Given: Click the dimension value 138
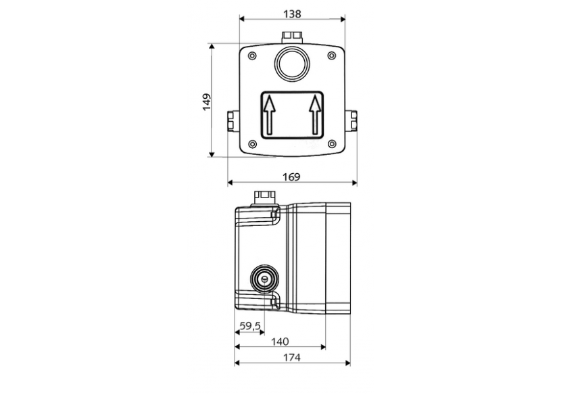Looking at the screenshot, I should [x=291, y=12].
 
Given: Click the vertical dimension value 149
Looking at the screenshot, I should [x=206, y=101].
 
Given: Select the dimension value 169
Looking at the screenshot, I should [x=291, y=177].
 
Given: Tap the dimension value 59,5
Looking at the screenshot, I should [x=250, y=327].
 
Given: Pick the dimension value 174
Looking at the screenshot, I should [x=293, y=358].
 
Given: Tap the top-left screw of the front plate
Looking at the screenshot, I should [x=252, y=56].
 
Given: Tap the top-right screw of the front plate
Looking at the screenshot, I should [x=331, y=56].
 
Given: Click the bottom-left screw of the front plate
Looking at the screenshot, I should [x=252, y=143].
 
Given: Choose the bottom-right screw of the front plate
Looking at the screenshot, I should [x=331, y=143].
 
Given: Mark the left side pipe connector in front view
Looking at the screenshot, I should [x=231, y=122].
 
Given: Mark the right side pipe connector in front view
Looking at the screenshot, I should [x=352, y=122].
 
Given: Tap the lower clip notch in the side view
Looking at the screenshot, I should [x=274, y=300].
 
